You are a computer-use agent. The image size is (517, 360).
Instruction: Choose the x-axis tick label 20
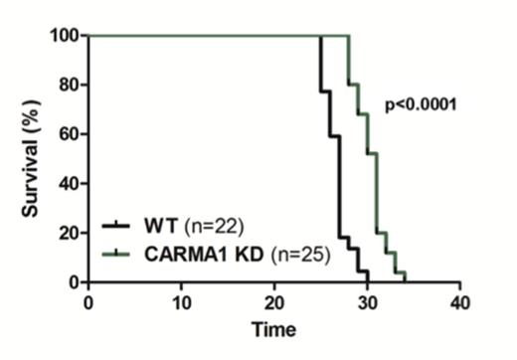(x=273, y=300)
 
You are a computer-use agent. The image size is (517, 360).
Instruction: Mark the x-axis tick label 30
(x=367, y=300)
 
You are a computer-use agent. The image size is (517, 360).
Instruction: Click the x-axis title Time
(x=272, y=329)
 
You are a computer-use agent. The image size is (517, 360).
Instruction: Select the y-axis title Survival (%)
(x=29, y=159)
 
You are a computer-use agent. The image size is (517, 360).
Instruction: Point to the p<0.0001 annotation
(x=421, y=102)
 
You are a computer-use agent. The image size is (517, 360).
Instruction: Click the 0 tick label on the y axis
(x=74, y=281)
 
